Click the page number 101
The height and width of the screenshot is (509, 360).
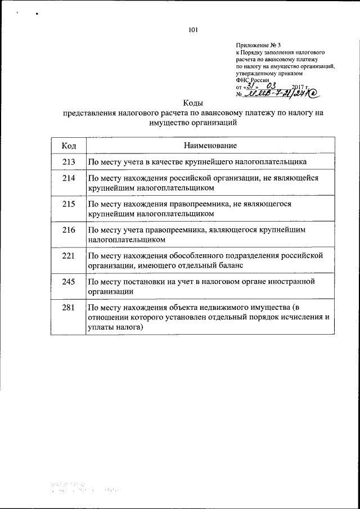coord(193,30)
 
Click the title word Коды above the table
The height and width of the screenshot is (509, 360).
coord(193,102)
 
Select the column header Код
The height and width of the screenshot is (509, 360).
coord(69,146)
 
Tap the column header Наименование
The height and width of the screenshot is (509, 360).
coord(209,146)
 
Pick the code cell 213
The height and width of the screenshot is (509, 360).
coord(69,163)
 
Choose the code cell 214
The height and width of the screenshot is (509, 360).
coord(69,178)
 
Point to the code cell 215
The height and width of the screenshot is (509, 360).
coord(69,204)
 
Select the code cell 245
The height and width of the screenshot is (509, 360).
coord(69,281)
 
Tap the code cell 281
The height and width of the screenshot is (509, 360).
coord(69,307)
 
